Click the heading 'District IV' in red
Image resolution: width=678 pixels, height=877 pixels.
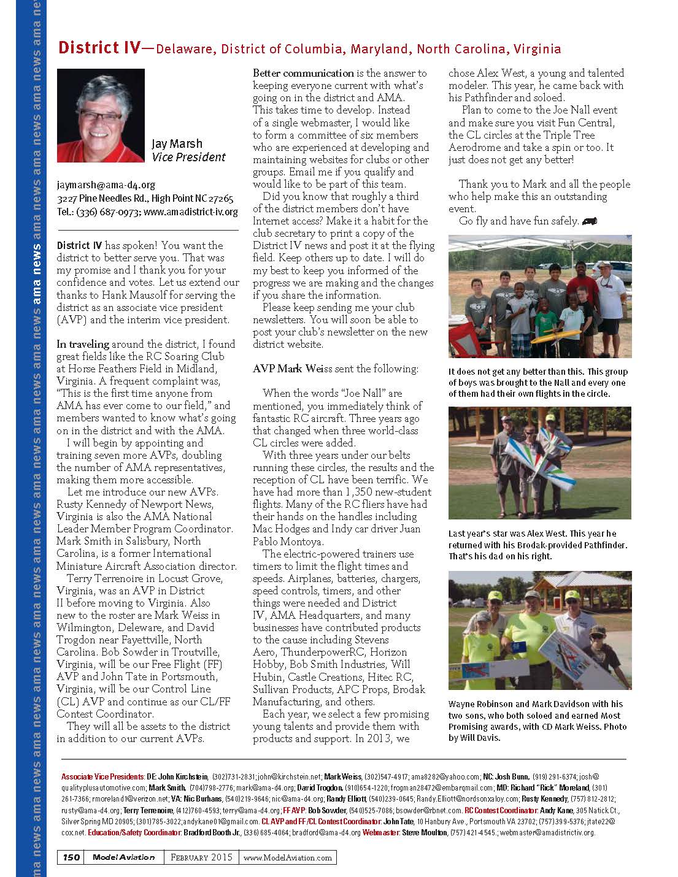point(98,48)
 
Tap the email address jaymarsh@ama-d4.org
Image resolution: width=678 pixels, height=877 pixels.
point(106,184)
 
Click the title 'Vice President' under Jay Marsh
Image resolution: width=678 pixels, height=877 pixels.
point(188,157)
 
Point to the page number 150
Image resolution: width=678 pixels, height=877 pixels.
point(71,857)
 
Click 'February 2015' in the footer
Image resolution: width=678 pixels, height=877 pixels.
point(201,857)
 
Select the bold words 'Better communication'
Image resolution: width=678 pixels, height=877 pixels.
point(303,74)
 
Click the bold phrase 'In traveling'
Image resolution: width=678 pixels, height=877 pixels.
point(83,344)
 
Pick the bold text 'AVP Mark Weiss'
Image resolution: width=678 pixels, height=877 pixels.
point(293,369)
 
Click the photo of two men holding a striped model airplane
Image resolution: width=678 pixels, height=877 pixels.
point(539,462)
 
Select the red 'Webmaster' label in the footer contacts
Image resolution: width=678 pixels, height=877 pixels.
point(380,832)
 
